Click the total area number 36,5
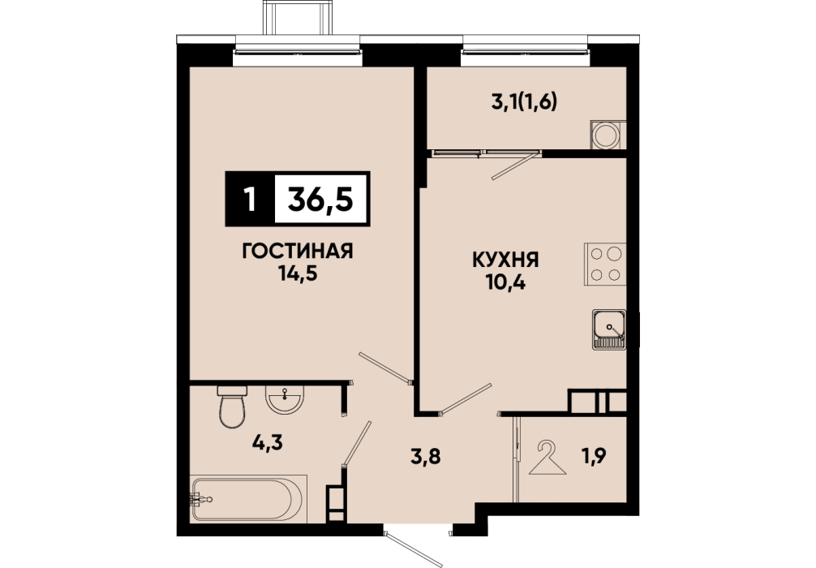320,199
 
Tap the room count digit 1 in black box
251,199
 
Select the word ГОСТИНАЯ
298,252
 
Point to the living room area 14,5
298,273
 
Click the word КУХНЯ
505,260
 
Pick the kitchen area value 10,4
505,282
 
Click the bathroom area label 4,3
267,443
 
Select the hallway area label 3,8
426,457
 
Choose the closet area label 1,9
593,456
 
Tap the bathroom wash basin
284,399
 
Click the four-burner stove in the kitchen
605,264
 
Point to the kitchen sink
609,329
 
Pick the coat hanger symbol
547,458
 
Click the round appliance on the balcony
606,135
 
